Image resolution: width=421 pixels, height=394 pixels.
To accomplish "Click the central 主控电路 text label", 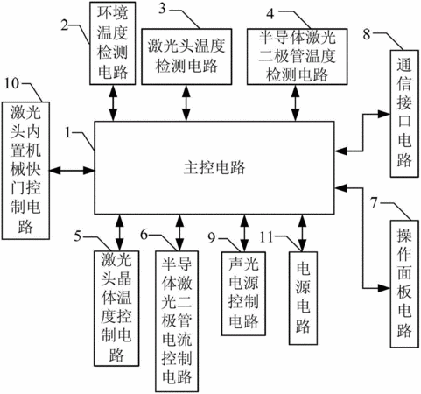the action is (x=214, y=168).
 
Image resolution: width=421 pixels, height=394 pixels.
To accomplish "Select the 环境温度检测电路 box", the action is (x=113, y=43).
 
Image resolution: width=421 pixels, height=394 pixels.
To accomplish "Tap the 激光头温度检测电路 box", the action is (x=186, y=57).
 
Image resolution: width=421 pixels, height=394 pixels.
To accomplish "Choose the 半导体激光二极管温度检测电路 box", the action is (x=298, y=57).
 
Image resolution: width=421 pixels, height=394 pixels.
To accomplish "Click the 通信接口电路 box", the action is (x=404, y=114).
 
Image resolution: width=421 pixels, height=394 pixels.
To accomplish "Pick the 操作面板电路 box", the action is (x=404, y=284).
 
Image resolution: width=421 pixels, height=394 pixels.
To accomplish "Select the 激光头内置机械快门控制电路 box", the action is (x=25, y=171).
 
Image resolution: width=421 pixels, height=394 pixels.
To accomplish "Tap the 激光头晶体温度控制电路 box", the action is (x=116, y=308).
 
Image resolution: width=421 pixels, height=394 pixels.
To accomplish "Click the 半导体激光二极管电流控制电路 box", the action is (x=177, y=321).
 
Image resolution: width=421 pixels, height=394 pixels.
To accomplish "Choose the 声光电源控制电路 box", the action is (x=243, y=293).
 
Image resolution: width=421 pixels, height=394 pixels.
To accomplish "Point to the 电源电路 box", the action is (x=304, y=298).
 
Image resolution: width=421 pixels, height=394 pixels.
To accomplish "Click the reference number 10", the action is (x=11, y=84).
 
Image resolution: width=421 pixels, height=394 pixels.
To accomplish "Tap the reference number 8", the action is (x=367, y=34).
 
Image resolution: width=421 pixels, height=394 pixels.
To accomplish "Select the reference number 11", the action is (x=266, y=237).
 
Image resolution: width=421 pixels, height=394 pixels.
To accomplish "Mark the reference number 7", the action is (x=375, y=203).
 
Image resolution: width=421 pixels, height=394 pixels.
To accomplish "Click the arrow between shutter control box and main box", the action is (x=72, y=171).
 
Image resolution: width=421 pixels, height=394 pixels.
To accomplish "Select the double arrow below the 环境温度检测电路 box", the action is (x=113, y=103).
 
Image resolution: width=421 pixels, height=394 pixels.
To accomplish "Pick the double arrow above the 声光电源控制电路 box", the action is (x=244, y=233).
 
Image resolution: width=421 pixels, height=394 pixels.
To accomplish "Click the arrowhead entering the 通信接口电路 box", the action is (x=384, y=114).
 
